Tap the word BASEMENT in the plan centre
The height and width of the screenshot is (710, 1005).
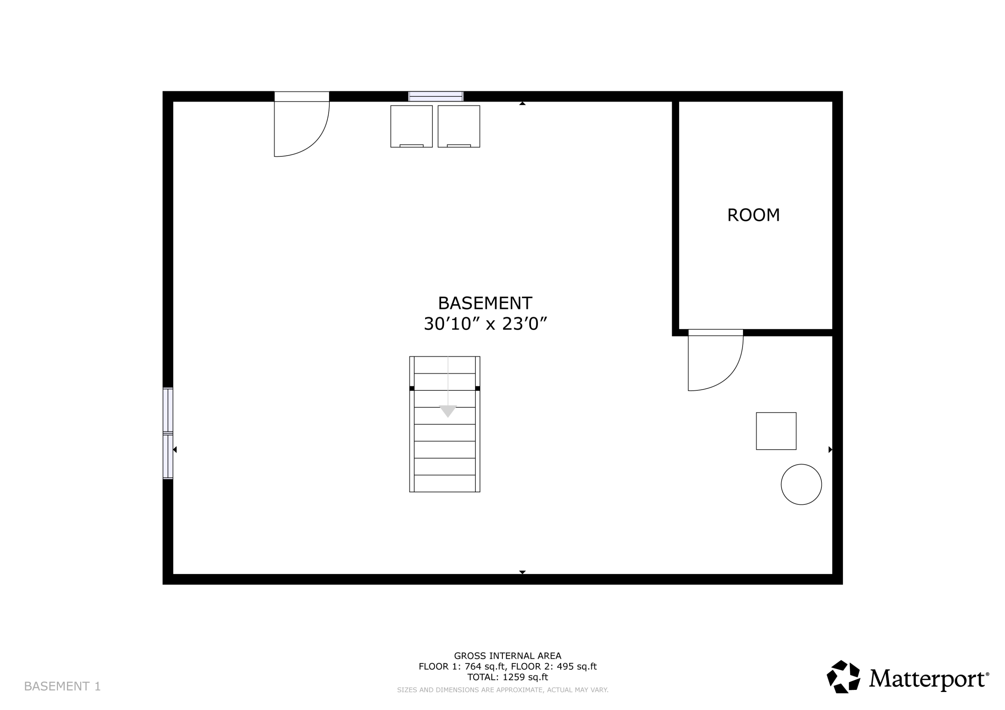coord(485,303)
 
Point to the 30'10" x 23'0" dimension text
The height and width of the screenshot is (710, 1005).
coord(485,324)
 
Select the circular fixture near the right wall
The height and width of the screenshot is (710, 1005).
coord(801,484)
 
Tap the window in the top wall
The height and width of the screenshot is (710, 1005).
coord(435,96)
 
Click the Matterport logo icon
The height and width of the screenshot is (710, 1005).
coord(844,677)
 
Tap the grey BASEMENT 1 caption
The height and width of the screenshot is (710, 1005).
coord(62,686)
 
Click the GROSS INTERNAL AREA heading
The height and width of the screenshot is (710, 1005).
coord(507,656)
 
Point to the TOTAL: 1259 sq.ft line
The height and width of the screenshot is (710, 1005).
coord(507,677)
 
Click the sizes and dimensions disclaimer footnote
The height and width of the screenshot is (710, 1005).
coord(503,690)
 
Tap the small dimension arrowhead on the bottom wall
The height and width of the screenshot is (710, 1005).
coord(522,572)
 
